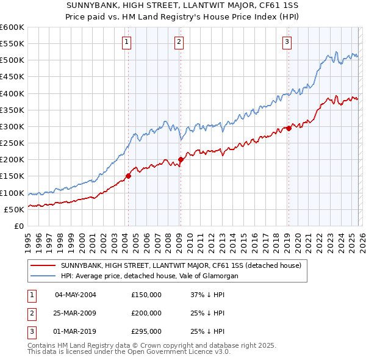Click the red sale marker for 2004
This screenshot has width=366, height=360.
click(x=128, y=176)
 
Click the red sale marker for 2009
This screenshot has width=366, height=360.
click(x=181, y=160)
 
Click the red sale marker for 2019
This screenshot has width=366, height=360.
click(x=289, y=128)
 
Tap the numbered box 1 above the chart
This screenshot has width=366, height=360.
click(x=126, y=42)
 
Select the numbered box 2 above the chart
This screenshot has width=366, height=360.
click(x=179, y=42)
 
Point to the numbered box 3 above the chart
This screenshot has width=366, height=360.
click(x=287, y=42)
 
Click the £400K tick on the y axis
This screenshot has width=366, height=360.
click(x=12, y=93)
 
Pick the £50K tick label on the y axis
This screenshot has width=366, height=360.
click(x=14, y=209)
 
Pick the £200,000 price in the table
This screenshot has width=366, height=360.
click(x=146, y=313)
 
